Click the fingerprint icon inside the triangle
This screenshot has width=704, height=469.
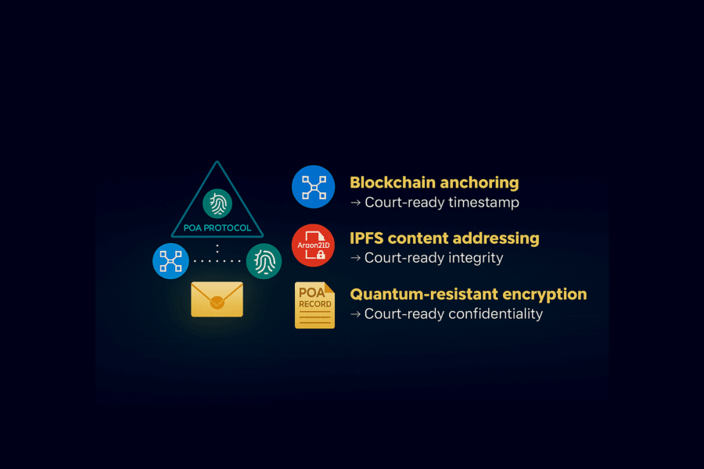[217, 203]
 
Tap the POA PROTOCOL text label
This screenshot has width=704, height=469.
[217, 228]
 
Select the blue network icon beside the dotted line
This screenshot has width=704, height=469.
[171, 261]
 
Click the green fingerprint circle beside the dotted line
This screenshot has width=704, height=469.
[264, 261]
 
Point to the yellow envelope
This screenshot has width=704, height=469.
[217, 299]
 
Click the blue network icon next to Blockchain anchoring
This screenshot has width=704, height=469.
[313, 187]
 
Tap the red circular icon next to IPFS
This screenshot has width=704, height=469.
[313, 245]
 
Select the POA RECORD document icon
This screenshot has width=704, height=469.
[314, 305]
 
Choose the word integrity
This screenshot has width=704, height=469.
[475, 258]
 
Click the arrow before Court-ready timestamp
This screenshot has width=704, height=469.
[355, 202]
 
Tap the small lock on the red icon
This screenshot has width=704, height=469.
[321, 255]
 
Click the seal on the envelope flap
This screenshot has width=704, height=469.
[217, 302]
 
